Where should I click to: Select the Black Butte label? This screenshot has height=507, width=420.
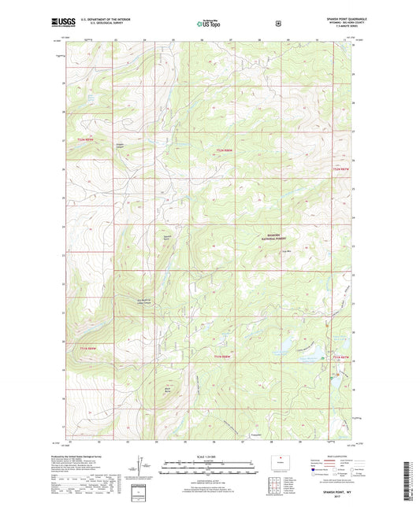tap(169, 387)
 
